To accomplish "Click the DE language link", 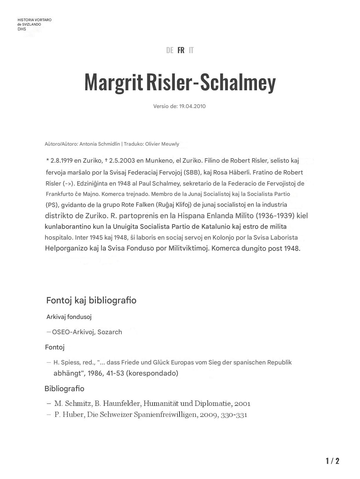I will pyautogui.click(x=170, y=50).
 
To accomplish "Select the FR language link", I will pyautogui.click(x=181, y=50).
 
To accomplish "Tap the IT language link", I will pyautogui.click(x=191, y=50).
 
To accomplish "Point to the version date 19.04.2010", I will pyautogui.click(x=192, y=106).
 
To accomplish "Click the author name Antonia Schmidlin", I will pyautogui.click(x=100, y=144).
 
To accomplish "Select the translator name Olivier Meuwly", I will pyautogui.click(x=162, y=144).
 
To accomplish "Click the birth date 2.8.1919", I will pyautogui.click(x=62, y=161).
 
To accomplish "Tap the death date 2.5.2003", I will pyautogui.click(x=122, y=161).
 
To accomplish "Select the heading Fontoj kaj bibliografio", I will pyautogui.click(x=91, y=300).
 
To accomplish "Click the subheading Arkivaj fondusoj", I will pyautogui.click(x=69, y=317).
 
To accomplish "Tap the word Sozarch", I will pyautogui.click(x=110, y=332).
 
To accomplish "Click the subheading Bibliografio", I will pyautogui.click(x=64, y=389).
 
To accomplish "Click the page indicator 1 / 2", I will pyautogui.click(x=332, y=461).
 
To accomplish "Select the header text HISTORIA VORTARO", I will pyautogui.click(x=34, y=20).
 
